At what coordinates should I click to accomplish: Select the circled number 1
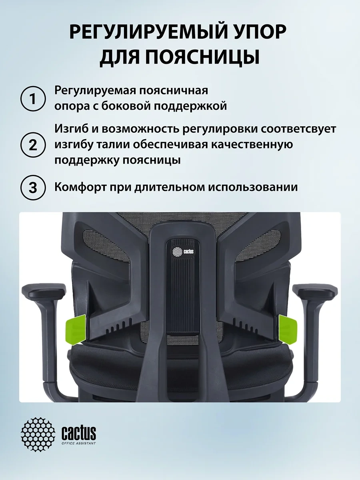coord(33,99)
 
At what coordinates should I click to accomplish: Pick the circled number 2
coord(33,145)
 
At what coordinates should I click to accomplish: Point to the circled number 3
coord(33,188)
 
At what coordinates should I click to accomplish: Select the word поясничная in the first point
coord(174,91)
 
